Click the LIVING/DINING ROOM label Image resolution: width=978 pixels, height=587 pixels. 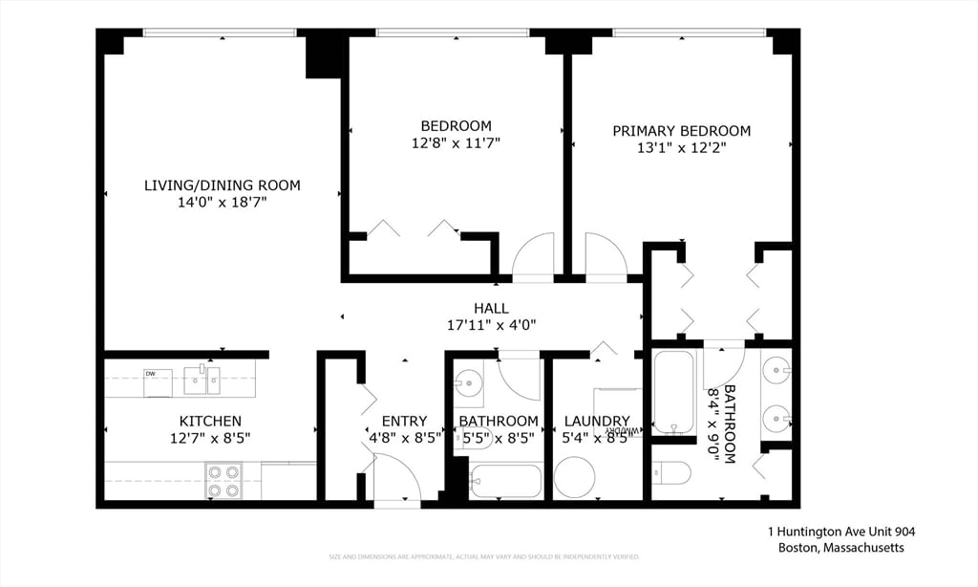pyautogui.click(x=222, y=185)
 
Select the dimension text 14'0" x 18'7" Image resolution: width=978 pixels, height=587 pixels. pyautogui.click(x=222, y=202)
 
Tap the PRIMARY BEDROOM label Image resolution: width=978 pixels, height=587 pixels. pyautogui.click(x=681, y=131)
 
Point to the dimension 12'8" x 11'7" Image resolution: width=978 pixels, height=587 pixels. pyautogui.click(x=456, y=142)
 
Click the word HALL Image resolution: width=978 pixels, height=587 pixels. pyautogui.click(x=491, y=308)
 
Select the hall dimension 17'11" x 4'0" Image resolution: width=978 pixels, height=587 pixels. pyautogui.click(x=491, y=325)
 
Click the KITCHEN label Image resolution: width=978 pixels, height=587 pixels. pyautogui.click(x=210, y=421)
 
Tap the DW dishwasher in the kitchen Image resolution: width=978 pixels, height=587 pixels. pyautogui.click(x=157, y=381)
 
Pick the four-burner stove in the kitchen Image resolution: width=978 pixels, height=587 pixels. pyautogui.click(x=223, y=481)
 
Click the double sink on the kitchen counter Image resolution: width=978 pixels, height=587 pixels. pyautogui.click(x=202, y=380)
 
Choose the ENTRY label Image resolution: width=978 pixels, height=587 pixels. pyautogui.click(x=404, y=421)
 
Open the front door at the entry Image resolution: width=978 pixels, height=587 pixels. pyautogui.click(x=395, y=478)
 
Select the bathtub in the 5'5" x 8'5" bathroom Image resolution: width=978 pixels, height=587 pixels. pyautogui.click(x=505, y=481)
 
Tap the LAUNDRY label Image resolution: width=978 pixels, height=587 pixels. pyautogui.click(x=596, y=421)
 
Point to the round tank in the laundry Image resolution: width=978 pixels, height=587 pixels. pyautogui.click(x=574, y=477)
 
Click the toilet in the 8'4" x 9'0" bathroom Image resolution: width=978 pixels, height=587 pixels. pyautogui.click(x=671, y=472)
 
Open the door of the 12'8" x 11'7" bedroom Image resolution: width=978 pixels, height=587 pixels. pyautogui.click(x=532, y=257)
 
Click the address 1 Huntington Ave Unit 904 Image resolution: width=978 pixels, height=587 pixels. pyautogui.click(x=836, y=532)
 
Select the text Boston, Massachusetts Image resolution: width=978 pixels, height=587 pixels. pyautogui.click(x=840, y=548)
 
